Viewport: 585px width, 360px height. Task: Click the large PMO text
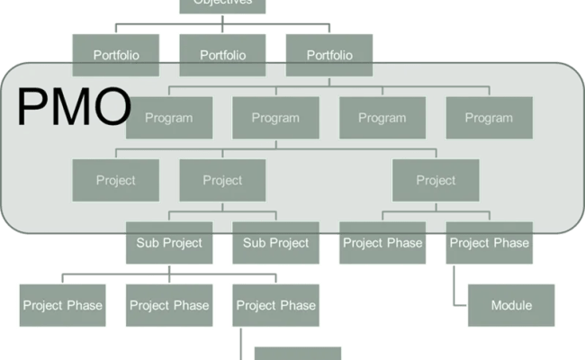pos(74,106)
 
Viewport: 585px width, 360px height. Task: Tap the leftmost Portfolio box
pos(116,55)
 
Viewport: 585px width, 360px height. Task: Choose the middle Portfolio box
pos(222,55)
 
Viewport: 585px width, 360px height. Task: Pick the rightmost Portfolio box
pos(329,55)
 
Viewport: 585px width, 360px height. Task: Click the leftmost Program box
pos(169,118)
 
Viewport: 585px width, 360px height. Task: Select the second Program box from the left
pos(275,118)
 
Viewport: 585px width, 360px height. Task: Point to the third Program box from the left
pos(382,118)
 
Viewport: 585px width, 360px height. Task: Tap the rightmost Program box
pos(490,118)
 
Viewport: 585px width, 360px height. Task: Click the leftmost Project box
pos(116,180)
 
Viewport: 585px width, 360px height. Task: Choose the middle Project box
pos(222,180)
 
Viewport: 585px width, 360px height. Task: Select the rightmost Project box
pos(436,180)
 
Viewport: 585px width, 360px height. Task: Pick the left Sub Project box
pos(169,242)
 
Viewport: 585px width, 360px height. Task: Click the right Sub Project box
pos(275,242)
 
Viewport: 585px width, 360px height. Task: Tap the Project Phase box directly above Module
pos(490,242)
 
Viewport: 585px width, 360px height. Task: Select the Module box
pos(511,305)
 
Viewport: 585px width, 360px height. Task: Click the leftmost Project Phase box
pos(62,305)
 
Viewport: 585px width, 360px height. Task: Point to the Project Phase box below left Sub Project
pos(169,305)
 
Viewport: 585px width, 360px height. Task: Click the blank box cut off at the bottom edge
pos(297,353)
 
